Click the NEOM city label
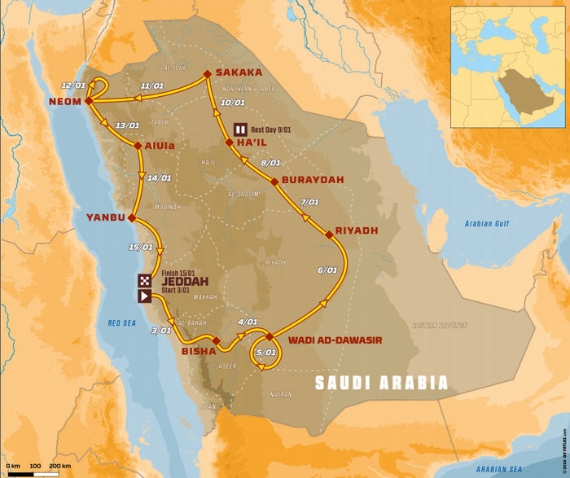pyautogui.click(x=64, y=102)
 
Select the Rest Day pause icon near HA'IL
pyautogui.click(x=240, y=128)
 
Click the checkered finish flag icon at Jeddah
pyautogui.click(x=144, y=281)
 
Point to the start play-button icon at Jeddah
pyautogui.click(x=144, y=296)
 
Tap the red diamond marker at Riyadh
pyautogui.click(x=329, y=235)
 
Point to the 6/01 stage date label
pyautogui.click(x=327, y=270)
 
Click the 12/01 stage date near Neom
pyautogui.click(x=72, y=85)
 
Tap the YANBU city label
pyautogui.click(x=105, y=217)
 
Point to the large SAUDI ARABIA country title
pyautogui.click(x=382, y=382)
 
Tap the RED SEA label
pyautogui.click(x=124, y=323)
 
